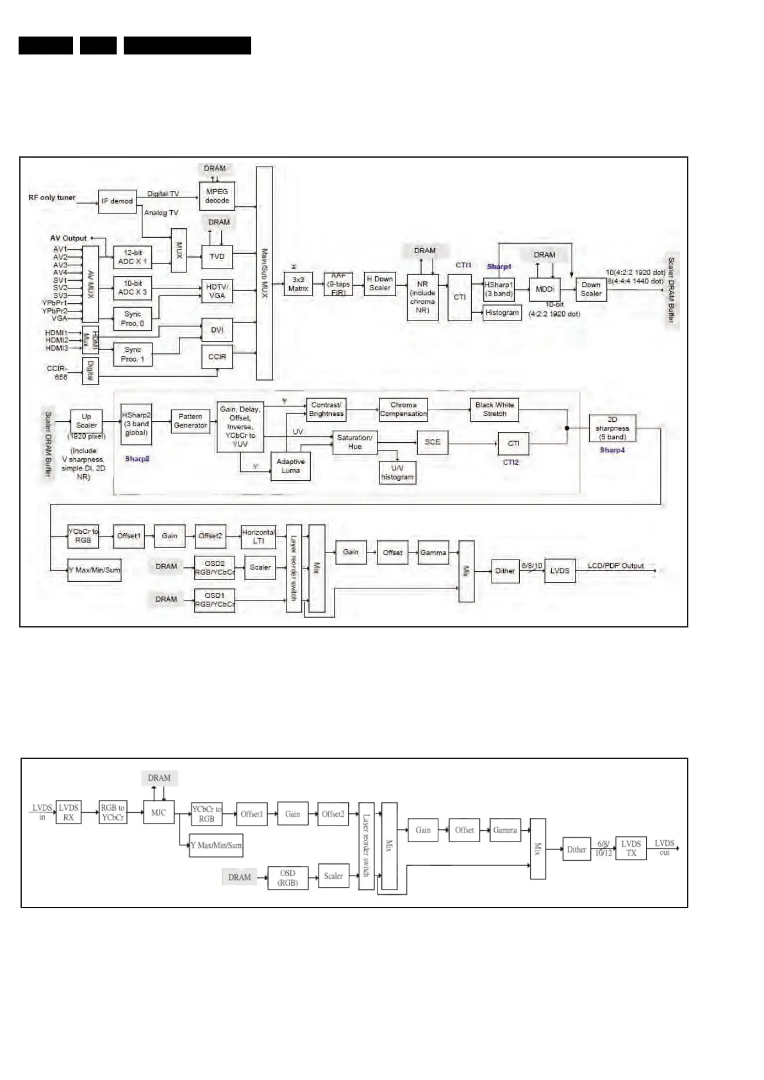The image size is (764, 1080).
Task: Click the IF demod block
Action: tap(117, 201)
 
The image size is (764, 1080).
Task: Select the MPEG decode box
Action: tap(217, 195)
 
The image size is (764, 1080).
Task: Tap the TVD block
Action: tap(217, 256)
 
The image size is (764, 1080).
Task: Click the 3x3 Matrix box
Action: tap(298, 285)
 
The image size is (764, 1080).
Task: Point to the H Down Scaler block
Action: tap(379, 283)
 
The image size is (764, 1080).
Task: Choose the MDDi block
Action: tap(545, 289)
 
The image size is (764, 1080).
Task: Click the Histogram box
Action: tap(502, 313)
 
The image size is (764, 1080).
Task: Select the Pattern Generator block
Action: tap(190, 421)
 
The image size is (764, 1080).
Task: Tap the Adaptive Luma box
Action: tap(290, 466)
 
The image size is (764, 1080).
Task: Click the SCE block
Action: tap(433, 442)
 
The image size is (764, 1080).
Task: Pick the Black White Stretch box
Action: tap(494, 410)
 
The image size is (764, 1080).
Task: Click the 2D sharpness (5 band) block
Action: tap(612, 428)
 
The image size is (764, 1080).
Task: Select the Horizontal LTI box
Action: tap(258, 536)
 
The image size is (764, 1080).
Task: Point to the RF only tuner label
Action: tap(52, 197)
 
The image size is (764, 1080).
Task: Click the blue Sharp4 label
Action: tap(612, 450)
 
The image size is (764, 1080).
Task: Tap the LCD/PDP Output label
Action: tap(615, 566)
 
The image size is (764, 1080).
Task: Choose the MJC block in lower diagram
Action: tap(158, 813)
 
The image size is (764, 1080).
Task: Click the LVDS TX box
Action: tap(631, 848)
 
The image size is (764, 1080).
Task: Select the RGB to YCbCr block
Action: tap(113, 813)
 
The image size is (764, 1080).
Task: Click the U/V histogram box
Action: tap(397, 472)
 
